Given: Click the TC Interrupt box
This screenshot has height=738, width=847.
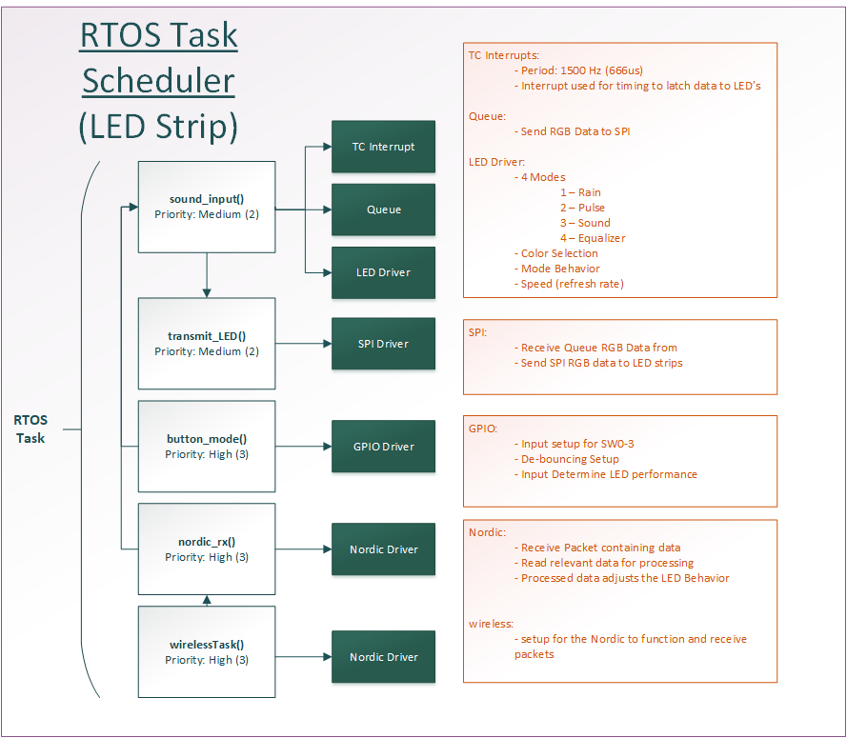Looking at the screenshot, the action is pos(384,147).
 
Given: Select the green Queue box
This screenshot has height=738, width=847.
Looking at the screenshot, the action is pos(384,209).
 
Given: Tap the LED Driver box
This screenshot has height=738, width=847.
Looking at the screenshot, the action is pos(384,272).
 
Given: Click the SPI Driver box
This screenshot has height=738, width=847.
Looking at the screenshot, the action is pos(384,344).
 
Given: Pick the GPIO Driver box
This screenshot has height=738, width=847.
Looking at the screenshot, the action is pos(384,447).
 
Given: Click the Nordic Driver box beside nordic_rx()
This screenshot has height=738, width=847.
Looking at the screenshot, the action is pos(384,549).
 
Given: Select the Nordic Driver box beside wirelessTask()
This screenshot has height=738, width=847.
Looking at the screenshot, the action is pos(384,656).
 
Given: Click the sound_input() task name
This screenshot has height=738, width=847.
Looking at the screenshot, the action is pos(207,199).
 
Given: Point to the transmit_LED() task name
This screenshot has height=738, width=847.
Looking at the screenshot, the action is pos(207,336).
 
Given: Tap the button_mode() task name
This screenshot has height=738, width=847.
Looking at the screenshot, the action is pos(207,439).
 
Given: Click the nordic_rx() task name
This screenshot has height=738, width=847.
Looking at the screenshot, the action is pos(207,542).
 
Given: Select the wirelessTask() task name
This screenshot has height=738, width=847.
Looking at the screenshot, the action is pos(207,645).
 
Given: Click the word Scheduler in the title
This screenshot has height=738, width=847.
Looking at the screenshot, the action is pos(158,81).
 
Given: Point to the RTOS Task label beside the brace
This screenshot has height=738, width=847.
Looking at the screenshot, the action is pos(30,429).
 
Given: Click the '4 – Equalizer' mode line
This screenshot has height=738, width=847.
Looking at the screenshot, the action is pos(593,238).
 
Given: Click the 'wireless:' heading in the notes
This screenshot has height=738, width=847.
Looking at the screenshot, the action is pos(491,624).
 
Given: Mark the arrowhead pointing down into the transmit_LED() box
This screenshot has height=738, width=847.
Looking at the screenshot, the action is pos(207,293).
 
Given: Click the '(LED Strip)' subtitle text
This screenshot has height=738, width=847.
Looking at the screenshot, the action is pos(158,127).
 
